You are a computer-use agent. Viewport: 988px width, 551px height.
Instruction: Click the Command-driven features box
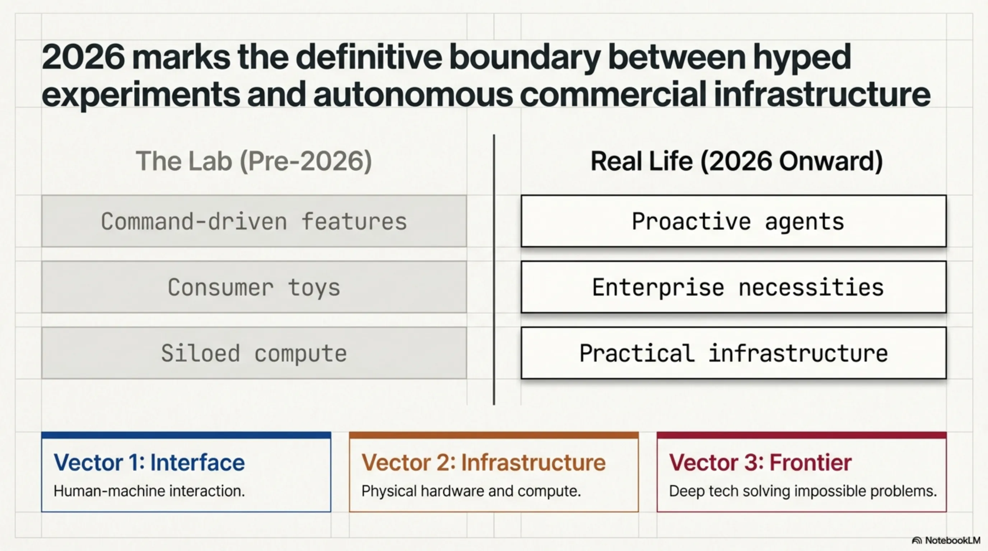point(254,221)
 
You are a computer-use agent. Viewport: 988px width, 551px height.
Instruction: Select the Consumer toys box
point(254,287)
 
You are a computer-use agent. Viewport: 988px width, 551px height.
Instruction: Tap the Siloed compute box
point(254,353)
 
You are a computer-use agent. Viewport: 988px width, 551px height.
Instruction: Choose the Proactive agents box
point(733,221)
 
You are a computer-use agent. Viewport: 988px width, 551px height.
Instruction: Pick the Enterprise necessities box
point(733,287)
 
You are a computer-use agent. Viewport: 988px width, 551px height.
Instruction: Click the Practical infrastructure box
point(733,353)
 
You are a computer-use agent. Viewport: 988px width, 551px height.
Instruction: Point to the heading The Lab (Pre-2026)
point(254,161)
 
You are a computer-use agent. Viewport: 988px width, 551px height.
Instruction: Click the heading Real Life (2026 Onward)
point(736,161)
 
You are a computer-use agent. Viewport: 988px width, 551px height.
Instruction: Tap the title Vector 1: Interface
point(149,462)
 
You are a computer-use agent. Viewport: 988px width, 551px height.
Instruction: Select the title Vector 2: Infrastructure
point(484,462)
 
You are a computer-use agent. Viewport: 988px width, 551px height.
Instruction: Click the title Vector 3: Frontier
point(760,462)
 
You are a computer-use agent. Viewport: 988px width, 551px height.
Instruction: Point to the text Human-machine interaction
point(149,491)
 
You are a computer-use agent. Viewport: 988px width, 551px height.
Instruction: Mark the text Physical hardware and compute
point(471,491)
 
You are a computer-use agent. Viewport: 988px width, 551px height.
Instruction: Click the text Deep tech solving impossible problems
point(803,491)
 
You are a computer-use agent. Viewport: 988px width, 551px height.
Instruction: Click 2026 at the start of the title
point(83,57)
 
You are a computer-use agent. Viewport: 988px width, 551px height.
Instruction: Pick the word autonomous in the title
point(413,94)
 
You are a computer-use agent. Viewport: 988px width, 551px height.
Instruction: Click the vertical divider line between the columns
point(494,269)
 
